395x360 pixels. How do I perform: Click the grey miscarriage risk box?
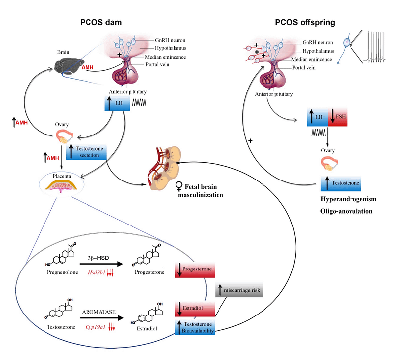238,290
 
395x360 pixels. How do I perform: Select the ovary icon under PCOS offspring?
329,163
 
